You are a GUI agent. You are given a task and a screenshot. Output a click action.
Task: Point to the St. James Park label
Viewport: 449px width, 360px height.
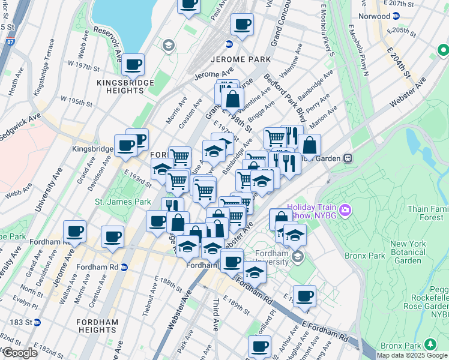[123, 202]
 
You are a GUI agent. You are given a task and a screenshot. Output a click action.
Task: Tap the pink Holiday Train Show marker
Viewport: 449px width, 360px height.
[345, 211]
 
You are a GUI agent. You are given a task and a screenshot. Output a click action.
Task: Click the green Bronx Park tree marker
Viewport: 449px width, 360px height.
[430, 344]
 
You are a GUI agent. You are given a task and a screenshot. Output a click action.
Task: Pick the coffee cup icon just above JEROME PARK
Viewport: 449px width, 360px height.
[242, 25]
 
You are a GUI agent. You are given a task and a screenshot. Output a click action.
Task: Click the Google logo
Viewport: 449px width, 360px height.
[20, 353]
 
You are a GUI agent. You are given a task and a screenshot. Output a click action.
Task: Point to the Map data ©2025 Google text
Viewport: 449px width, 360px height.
[411, 355]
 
